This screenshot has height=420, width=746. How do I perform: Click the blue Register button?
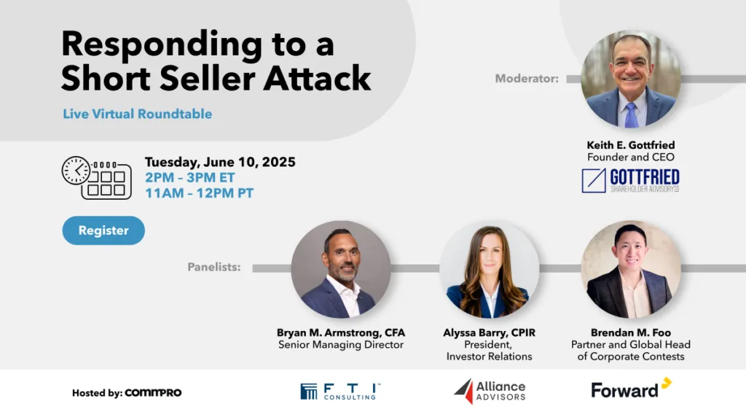click(x=103, y=230)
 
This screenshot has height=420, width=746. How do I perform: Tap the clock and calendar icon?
click(x=97, y=178)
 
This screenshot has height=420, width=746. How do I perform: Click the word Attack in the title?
click(x=318, y=78)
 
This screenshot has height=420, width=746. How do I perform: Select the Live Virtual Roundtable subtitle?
click(x=138, y=114)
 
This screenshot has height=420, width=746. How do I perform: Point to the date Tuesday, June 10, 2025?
click(x=220, y=163)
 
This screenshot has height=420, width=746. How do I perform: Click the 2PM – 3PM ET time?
click(x=190, y=178)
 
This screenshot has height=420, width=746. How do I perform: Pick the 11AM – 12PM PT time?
click(x=200, y=193)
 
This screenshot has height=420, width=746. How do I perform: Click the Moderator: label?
click(x=527, y=79)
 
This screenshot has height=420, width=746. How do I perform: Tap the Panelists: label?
click(x=214, y=267)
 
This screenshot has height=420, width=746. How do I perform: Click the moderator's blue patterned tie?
click(x=631, y=115)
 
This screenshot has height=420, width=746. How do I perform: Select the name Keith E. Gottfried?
click(x=631, y=145)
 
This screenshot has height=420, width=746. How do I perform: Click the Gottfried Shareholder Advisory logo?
click(x=630, y=181)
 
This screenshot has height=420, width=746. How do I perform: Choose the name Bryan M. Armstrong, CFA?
click(x=341, y=332)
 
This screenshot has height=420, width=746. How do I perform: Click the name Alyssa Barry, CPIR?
click(x=489, y=332)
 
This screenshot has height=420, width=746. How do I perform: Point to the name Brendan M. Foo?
click(x=631, y=332)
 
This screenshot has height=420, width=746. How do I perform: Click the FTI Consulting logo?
click(x=340, y=392)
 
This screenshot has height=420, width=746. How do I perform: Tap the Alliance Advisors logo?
click(x=490, y=392)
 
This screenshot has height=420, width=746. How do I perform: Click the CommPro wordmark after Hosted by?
click(x=153, y=393)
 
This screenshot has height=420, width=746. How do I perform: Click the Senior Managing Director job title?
click(x=341, y=345)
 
